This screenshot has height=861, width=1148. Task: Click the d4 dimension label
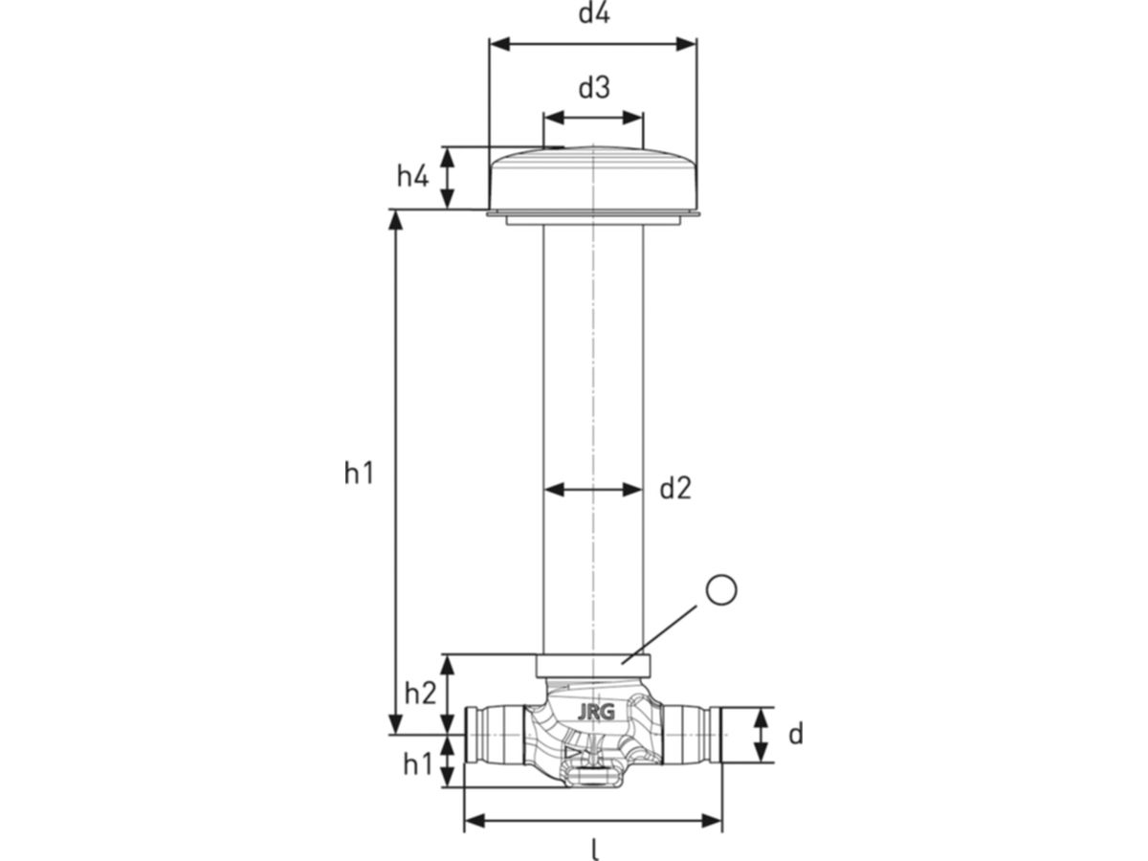click(594, 14)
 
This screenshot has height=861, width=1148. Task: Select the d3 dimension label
click(594, 88)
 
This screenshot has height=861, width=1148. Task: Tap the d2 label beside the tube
click(675, 488)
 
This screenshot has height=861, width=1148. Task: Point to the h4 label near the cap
click(412, 176)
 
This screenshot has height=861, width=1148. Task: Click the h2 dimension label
click(420, 694)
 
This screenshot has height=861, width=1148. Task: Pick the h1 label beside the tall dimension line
click(359, 474)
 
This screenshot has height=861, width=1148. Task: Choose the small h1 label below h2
click(417, 764)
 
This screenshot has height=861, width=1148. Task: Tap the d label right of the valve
click(795, 735)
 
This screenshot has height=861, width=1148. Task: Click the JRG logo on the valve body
click(596, 713)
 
